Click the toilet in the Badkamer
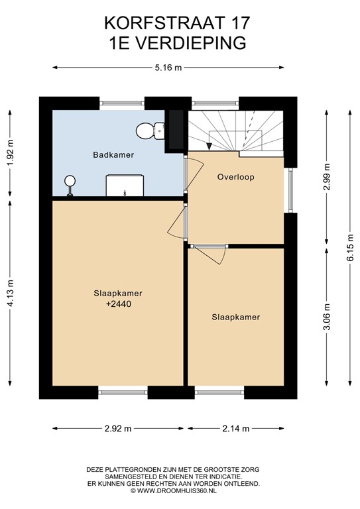[x=150, y=131]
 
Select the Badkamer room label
[x=113, y=155]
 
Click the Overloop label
[x=235, y=177]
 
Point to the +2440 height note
[x=119, y=304]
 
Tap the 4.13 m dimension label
[x=11, y=293]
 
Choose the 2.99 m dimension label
[x=327, y=177]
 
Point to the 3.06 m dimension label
[x=327, y=317]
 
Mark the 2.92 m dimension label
[x=118, y=429]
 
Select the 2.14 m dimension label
[x=236, y=429]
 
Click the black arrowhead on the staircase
[x=210, y=146]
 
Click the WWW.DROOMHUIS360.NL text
[x=177, y=491]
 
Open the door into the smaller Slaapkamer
[x=209, y=254]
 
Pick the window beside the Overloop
[x=290, y=190]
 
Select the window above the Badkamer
[x=122, y=103]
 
